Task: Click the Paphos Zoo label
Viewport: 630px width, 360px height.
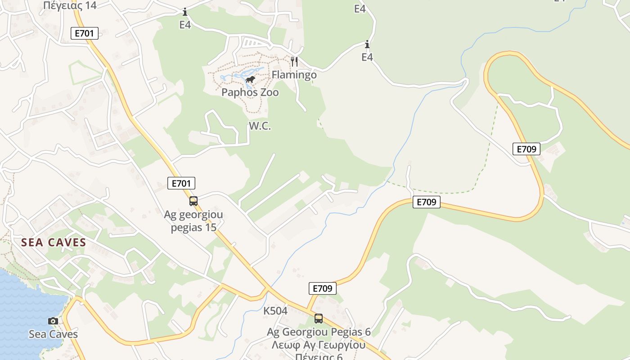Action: [250, 93]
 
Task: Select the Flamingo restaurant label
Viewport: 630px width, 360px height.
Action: [294, 75]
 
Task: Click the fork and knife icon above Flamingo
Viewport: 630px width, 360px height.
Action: [294, 61]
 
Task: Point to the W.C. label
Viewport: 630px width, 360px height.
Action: [260, 126]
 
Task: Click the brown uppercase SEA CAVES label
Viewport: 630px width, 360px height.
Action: [54, 243]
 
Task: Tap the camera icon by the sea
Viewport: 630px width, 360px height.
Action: [53, 321]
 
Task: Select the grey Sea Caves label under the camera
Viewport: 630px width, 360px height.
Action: [53, 334]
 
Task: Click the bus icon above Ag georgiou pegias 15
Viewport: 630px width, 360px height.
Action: [193, 201]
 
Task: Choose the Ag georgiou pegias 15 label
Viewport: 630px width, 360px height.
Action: [193, 221]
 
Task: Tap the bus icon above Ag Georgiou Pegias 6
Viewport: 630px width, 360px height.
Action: [319, 319]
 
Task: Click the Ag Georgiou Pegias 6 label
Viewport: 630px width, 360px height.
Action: [319, 332]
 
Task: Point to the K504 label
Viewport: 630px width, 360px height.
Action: [275, 311]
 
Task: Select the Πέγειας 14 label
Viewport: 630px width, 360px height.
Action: [70, 5]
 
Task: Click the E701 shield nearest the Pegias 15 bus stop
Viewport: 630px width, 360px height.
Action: [181, 183]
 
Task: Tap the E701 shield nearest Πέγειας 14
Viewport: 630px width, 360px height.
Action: [84, 33]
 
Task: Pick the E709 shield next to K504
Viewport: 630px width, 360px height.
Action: [323, 288]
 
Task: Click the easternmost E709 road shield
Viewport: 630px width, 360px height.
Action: [526, 149]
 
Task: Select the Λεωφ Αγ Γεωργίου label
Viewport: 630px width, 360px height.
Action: [319, 346]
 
